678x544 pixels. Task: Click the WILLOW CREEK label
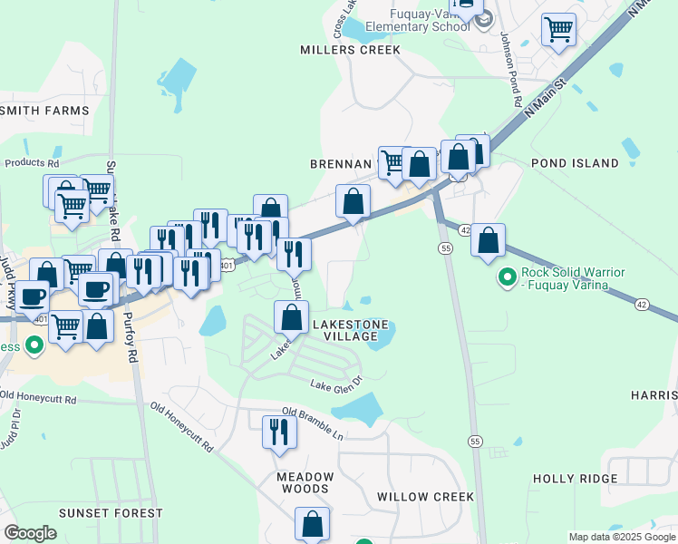pos(425,497)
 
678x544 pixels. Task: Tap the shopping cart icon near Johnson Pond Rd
pos(558,29)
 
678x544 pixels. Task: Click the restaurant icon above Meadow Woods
pos(279,432)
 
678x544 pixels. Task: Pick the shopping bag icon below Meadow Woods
pos(312,523)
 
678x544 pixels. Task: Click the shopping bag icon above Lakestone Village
pos(291,317)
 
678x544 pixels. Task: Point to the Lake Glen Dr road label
pos(336,384)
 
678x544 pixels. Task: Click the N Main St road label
pos(545,96)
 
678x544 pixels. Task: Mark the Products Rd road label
pos(32,163)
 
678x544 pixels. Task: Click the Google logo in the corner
pos(30,533)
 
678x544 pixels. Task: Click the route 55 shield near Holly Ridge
pos(475,441)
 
